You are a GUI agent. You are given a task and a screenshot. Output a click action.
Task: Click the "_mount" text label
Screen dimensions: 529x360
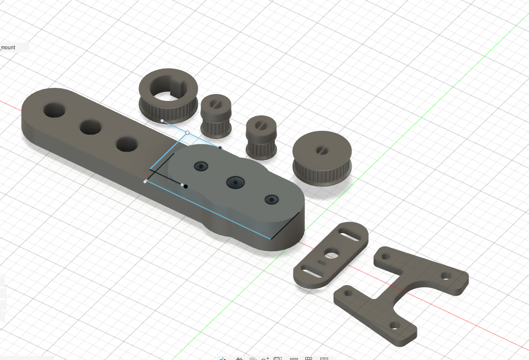coord(8,48)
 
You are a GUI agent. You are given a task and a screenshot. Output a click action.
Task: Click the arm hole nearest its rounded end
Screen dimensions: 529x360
coord(54,110)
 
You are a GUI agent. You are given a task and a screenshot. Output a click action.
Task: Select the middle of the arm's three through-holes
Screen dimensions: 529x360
coord(90,127)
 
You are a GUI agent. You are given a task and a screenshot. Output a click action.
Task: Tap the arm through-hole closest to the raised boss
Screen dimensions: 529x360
coord(127,144)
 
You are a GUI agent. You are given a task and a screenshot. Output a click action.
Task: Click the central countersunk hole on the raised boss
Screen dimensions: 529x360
coord(235,182)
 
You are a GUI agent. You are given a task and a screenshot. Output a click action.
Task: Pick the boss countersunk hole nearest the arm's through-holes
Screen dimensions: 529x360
coord(201,166)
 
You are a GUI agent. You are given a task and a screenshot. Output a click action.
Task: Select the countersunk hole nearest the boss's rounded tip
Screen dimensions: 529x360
coord(272,200)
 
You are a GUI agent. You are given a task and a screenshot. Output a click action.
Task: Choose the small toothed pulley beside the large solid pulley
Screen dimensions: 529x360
coord(261,138)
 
